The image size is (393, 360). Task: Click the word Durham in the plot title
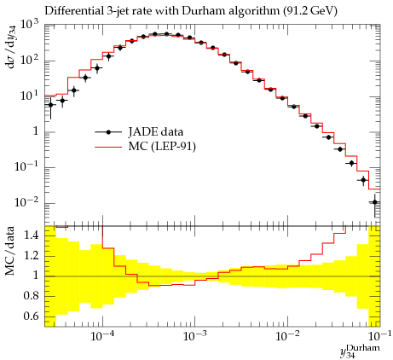[201, 11]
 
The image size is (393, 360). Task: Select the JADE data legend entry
[139, 132]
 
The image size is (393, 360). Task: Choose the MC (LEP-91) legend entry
[145, 147]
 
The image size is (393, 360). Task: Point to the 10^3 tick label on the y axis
[30, 26]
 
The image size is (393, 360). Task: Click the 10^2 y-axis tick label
[30, 61]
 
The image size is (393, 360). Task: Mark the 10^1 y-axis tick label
[30, 96]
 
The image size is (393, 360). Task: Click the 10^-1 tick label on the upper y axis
[27, 167]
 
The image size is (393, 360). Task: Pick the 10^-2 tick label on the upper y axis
[27, 203]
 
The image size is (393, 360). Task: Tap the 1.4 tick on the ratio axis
[31, 235]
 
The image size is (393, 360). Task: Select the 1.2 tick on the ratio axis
[31, 256]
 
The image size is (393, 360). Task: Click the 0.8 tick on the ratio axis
[31, 296]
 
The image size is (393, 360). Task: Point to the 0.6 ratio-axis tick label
[31, 316]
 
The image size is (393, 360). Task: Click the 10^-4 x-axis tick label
[102, 336]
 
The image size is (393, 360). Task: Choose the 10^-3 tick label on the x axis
[194, 336]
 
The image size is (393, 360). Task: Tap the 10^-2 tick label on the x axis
[287, 336]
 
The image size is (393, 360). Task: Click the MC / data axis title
[10, 252]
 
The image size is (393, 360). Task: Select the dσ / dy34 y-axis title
[11, 47]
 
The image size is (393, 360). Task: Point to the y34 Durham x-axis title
[361, 351]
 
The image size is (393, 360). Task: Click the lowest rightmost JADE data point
[375, 202]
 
